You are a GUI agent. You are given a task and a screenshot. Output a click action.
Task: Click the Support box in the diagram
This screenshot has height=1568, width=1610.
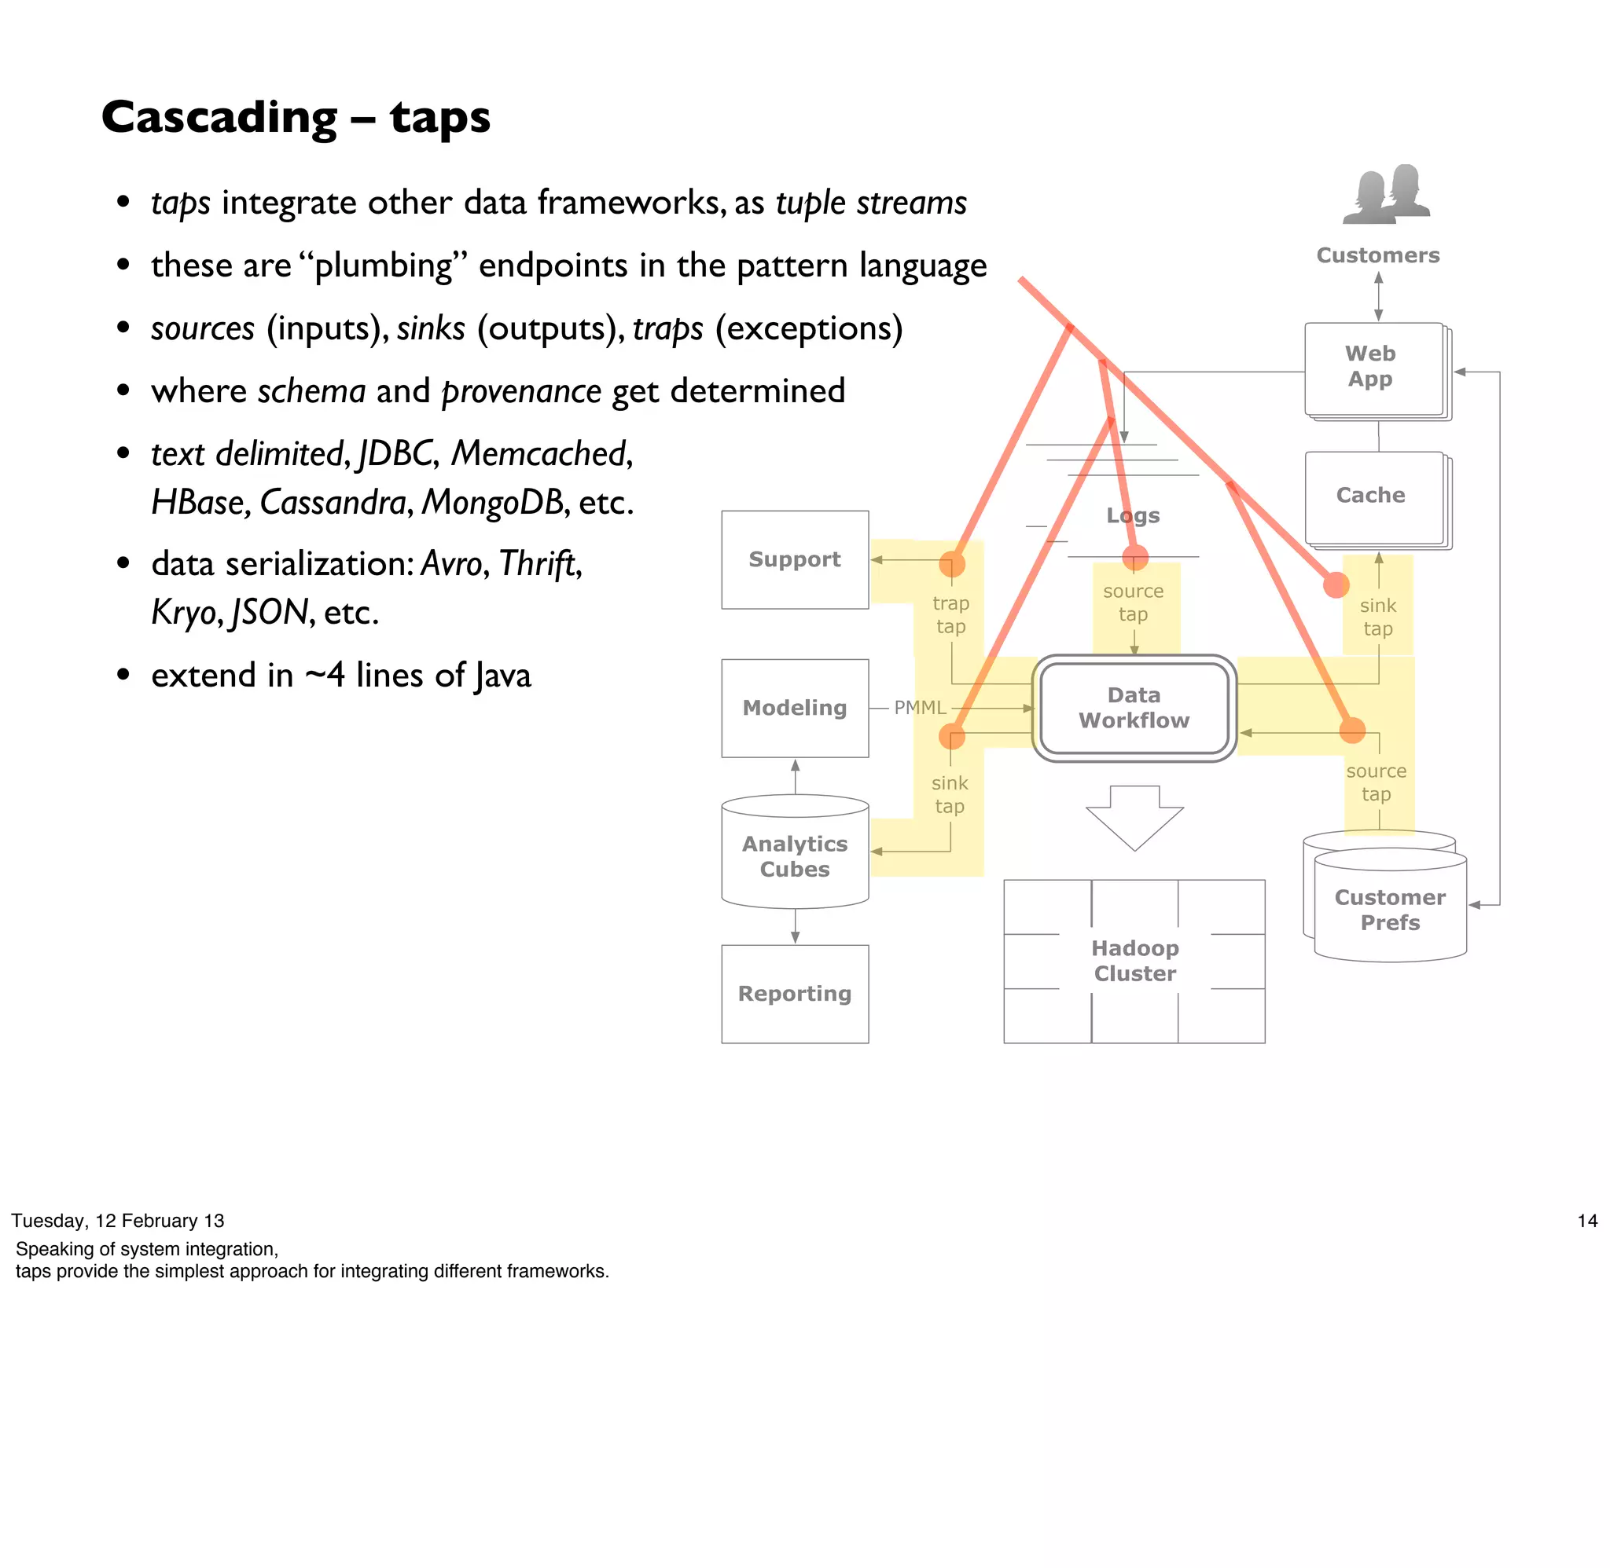click(793, 559)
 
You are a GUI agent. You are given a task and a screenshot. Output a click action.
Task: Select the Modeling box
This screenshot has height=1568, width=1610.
click(793, 708)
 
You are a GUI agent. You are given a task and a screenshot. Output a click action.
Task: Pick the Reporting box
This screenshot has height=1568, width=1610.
click(793, 993)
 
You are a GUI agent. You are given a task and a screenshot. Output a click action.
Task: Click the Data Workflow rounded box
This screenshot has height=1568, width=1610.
click(1133, 708)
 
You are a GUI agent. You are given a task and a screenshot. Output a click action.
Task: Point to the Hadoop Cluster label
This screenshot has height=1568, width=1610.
click(1134, 960)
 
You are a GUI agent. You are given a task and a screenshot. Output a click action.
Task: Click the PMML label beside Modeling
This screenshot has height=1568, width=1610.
click(920, 708)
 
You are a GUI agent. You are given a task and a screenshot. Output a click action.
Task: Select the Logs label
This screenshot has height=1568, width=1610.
click(1132, 515)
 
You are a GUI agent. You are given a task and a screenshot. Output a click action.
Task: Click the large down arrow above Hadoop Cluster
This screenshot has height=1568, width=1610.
click(1134, 816)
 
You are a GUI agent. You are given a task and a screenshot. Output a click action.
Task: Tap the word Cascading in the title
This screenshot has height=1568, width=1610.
click(219, 117)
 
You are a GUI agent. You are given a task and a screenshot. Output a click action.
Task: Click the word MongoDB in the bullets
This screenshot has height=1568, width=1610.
click(492, 501)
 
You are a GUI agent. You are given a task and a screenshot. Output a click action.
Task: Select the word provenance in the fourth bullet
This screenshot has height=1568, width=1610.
click(520, 392)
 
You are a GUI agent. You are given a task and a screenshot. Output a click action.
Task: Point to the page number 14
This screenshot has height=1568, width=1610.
click(1586, 1221)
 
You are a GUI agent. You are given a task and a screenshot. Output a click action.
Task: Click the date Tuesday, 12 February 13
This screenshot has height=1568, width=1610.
click(118, 1221)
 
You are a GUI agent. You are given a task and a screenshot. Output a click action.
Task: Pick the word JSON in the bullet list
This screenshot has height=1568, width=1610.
click(270, 612)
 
